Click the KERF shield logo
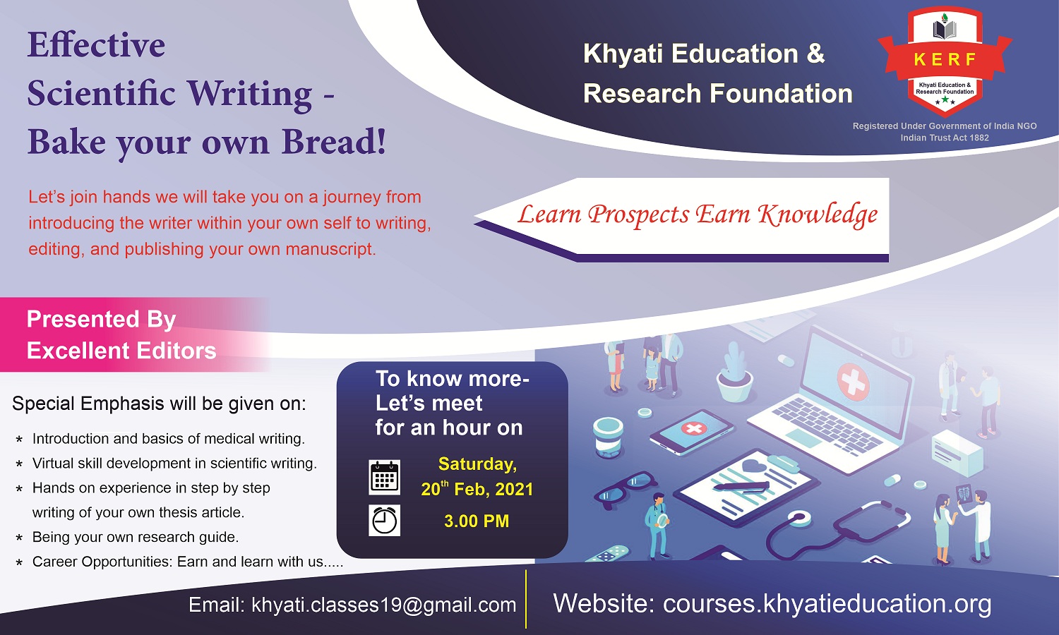click(945, 61)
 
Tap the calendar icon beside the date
click(384, 477)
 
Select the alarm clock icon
click(384, 520)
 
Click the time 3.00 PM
click(477, 521)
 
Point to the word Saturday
click(477, 464)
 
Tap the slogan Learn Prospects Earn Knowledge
click(698, 215)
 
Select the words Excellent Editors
click(121, 351)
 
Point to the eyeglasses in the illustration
click(625, 488)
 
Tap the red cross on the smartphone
click(693, 429)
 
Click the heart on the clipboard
click(753, 466)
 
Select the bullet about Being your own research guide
click(136, 537)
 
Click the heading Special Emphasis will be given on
click(159, 404)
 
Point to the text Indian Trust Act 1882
click(945, 138)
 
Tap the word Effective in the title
click(97, 45)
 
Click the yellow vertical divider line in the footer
click(526, 599)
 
